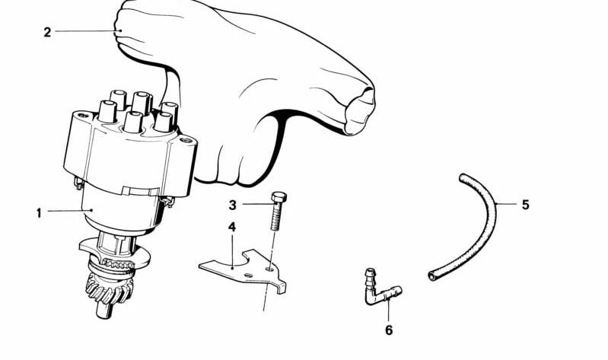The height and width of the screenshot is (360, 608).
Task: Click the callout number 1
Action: click(39, 213)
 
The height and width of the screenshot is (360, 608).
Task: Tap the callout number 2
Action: click(47, 32)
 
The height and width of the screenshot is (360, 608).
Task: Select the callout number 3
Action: click(232, 205)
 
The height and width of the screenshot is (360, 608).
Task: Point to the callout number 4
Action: click(232, 228)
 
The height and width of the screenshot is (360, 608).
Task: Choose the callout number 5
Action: click(525, 205)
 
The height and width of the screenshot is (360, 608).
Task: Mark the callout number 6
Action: click(389, 330)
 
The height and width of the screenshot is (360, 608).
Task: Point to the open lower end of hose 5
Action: click(432, 276)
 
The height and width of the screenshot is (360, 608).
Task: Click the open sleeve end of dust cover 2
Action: click(360, 110)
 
